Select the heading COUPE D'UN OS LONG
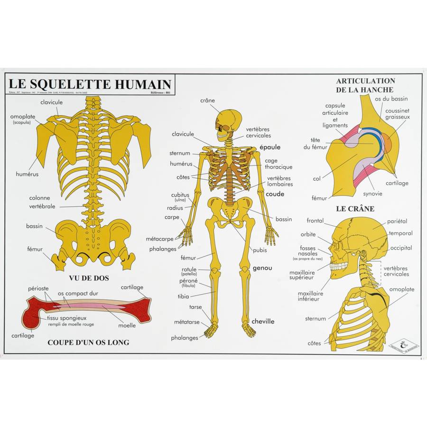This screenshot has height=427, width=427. click(88, 342)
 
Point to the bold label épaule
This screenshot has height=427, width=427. click(270, 147)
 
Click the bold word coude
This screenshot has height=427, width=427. click(275, 194)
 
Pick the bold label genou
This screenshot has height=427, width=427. click(262, 268)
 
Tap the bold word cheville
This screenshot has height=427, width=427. click(263, 321)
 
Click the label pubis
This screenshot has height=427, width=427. click(260, 250)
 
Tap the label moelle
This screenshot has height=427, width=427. click(127, 325)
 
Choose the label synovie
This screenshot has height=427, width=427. click(372, 194)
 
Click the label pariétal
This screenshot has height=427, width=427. click(397, 221)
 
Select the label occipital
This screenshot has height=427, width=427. click(401, 248)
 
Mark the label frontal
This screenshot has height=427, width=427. click(315, 221)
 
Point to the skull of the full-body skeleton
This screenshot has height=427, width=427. click(226, 122)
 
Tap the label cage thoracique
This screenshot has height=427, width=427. click(278, 164)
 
